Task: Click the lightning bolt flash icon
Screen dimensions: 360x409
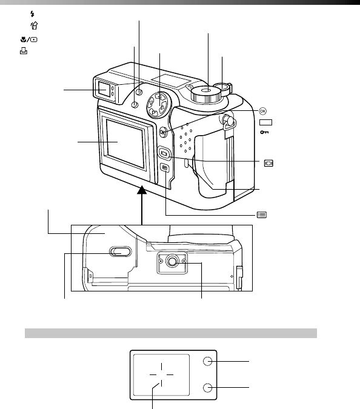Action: [x=32, y=14]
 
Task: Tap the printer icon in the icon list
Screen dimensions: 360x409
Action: [x=24, y=51]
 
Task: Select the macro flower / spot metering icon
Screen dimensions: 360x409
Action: [x=28, y=39]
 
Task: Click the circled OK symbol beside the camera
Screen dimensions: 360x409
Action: [x=262, y=111]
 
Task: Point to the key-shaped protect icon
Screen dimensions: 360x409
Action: [x=264, y=132]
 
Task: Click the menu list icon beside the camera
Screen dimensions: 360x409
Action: [x=262, y=214]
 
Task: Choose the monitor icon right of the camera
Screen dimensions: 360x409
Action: [x=268, y=163]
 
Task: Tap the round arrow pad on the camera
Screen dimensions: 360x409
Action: [x=158, y=105]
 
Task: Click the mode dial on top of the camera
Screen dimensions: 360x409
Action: [x=206, y=95]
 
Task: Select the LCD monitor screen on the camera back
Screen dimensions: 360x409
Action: [x=125, y=143]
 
